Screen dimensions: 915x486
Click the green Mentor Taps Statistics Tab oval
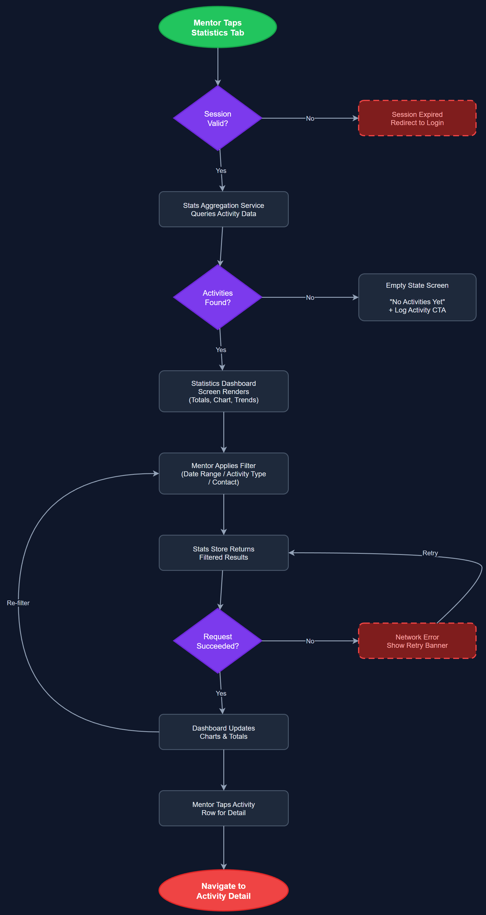pyautogui.click(x=218, y=27)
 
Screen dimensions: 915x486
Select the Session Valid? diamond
pyautogui.click(x=218, y=118)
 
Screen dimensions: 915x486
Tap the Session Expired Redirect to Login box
pyautogui.click(x=417, y=118)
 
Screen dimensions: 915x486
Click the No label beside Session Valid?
pyautogui.click(x=310, y=118)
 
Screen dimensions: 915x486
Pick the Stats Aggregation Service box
pyautogui.click(x=223, y=209)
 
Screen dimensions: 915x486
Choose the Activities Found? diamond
pyautogui.click(x=218, y=297)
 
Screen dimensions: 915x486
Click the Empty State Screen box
pyautogui.click(x=417, y=297)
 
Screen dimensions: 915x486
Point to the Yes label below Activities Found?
pyautogui.click(x=221, y=350)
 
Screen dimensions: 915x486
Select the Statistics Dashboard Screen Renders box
pyautogui.click(x=223, y=391)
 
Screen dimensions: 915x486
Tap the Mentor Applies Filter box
pyautogui.click(x=223, y=473)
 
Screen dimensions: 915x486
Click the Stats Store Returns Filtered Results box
pyautogui.click(x=223, y=553)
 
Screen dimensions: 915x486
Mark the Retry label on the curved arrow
pyautogui.click(x=430, y=553)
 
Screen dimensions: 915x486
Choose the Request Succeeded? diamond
pyautogui.click(x=218, y=641)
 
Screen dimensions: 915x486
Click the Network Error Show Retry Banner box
pyautogui.click(x=417, y=641)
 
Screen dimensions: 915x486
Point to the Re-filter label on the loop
pyautogui.click(x=18, y=603)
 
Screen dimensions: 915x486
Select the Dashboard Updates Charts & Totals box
pyautogui.click(x=223, y=732)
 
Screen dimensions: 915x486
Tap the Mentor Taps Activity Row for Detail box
pyautogui.click(x=223, y=808)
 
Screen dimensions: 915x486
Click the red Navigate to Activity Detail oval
pyautogui.click(x=223, y=891)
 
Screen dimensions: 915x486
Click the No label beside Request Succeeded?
pyautogui.click(x=310, y=641)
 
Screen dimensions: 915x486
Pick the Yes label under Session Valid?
pyautogui.click(x=221, y=171)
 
